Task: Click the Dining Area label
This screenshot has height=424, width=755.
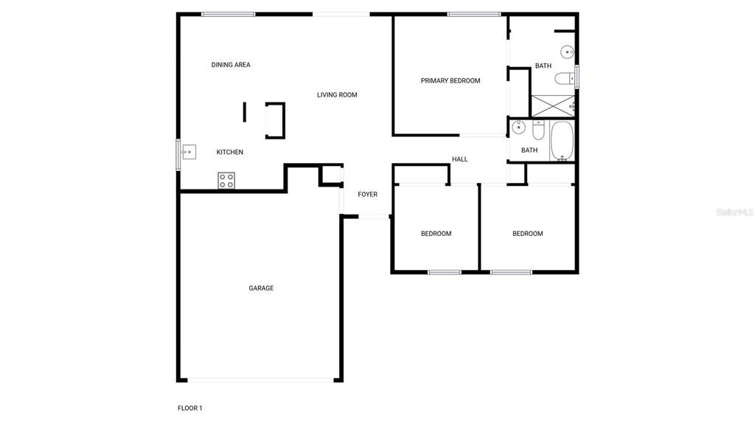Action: [x=231, y=65]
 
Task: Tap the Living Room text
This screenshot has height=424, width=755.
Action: [x=337, y=95]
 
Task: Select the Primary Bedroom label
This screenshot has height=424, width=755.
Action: [x=450, y=81]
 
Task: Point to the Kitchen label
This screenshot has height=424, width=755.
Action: [x=229, y=153]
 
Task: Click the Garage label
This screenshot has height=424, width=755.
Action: [x=261, y=288]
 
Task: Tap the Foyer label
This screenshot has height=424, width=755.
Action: [x=367, y=195]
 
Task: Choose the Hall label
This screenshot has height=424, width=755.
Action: [x=460, y=159]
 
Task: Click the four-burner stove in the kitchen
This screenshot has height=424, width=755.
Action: [x=226, y=180]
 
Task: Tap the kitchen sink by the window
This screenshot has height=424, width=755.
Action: [x=188, y=153]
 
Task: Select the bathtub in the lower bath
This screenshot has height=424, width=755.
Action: [x=562, y=141]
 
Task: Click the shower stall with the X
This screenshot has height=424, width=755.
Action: [x=552, y=105]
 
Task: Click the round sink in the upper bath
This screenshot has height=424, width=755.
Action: [x=567, y=52]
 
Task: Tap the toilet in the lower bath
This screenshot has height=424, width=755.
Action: [x=538, y=131]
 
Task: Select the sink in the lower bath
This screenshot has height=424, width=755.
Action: [x=518, y=127]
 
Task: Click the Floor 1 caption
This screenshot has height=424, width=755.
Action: [x=189, y=408]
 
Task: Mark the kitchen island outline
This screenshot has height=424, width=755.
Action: [x=275, y=121]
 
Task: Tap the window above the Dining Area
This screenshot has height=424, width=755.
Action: [x=229, y=14]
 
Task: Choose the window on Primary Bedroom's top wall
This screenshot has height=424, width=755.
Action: [x=474, y=14]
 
